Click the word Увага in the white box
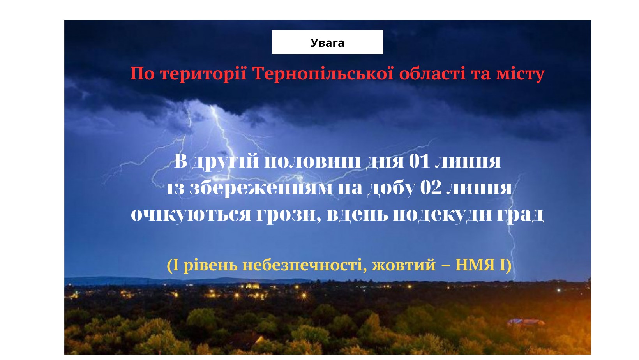(x=327, y=43)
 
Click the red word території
(x=203, y=74)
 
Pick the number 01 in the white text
(x=419, y=161)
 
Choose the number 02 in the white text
(x=431, y=188)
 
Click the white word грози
(x=288, y=215)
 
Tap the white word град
(x=521, y=215)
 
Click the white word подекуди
(x=443, y=214)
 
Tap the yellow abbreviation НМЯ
(x=475, y=265)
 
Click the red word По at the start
(x=142, y=73)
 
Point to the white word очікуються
(x=191, y=215)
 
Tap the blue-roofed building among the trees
(x=526, y=322)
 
